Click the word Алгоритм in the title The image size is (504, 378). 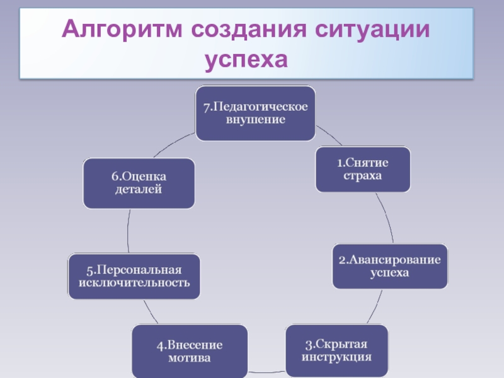119,30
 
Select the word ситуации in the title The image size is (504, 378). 373,30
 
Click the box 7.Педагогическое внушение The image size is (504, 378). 255,113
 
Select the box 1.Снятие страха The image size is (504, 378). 363,169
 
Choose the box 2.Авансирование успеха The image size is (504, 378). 390,266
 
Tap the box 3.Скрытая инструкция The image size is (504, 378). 336,350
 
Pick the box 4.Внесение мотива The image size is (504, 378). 190,352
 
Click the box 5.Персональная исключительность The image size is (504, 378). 134,276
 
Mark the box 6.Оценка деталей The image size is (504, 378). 139,183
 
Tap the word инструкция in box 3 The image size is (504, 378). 336,357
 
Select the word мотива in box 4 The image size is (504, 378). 190,358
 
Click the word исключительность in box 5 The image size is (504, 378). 134,282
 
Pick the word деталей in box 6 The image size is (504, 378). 139,189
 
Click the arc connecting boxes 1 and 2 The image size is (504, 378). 386,217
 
